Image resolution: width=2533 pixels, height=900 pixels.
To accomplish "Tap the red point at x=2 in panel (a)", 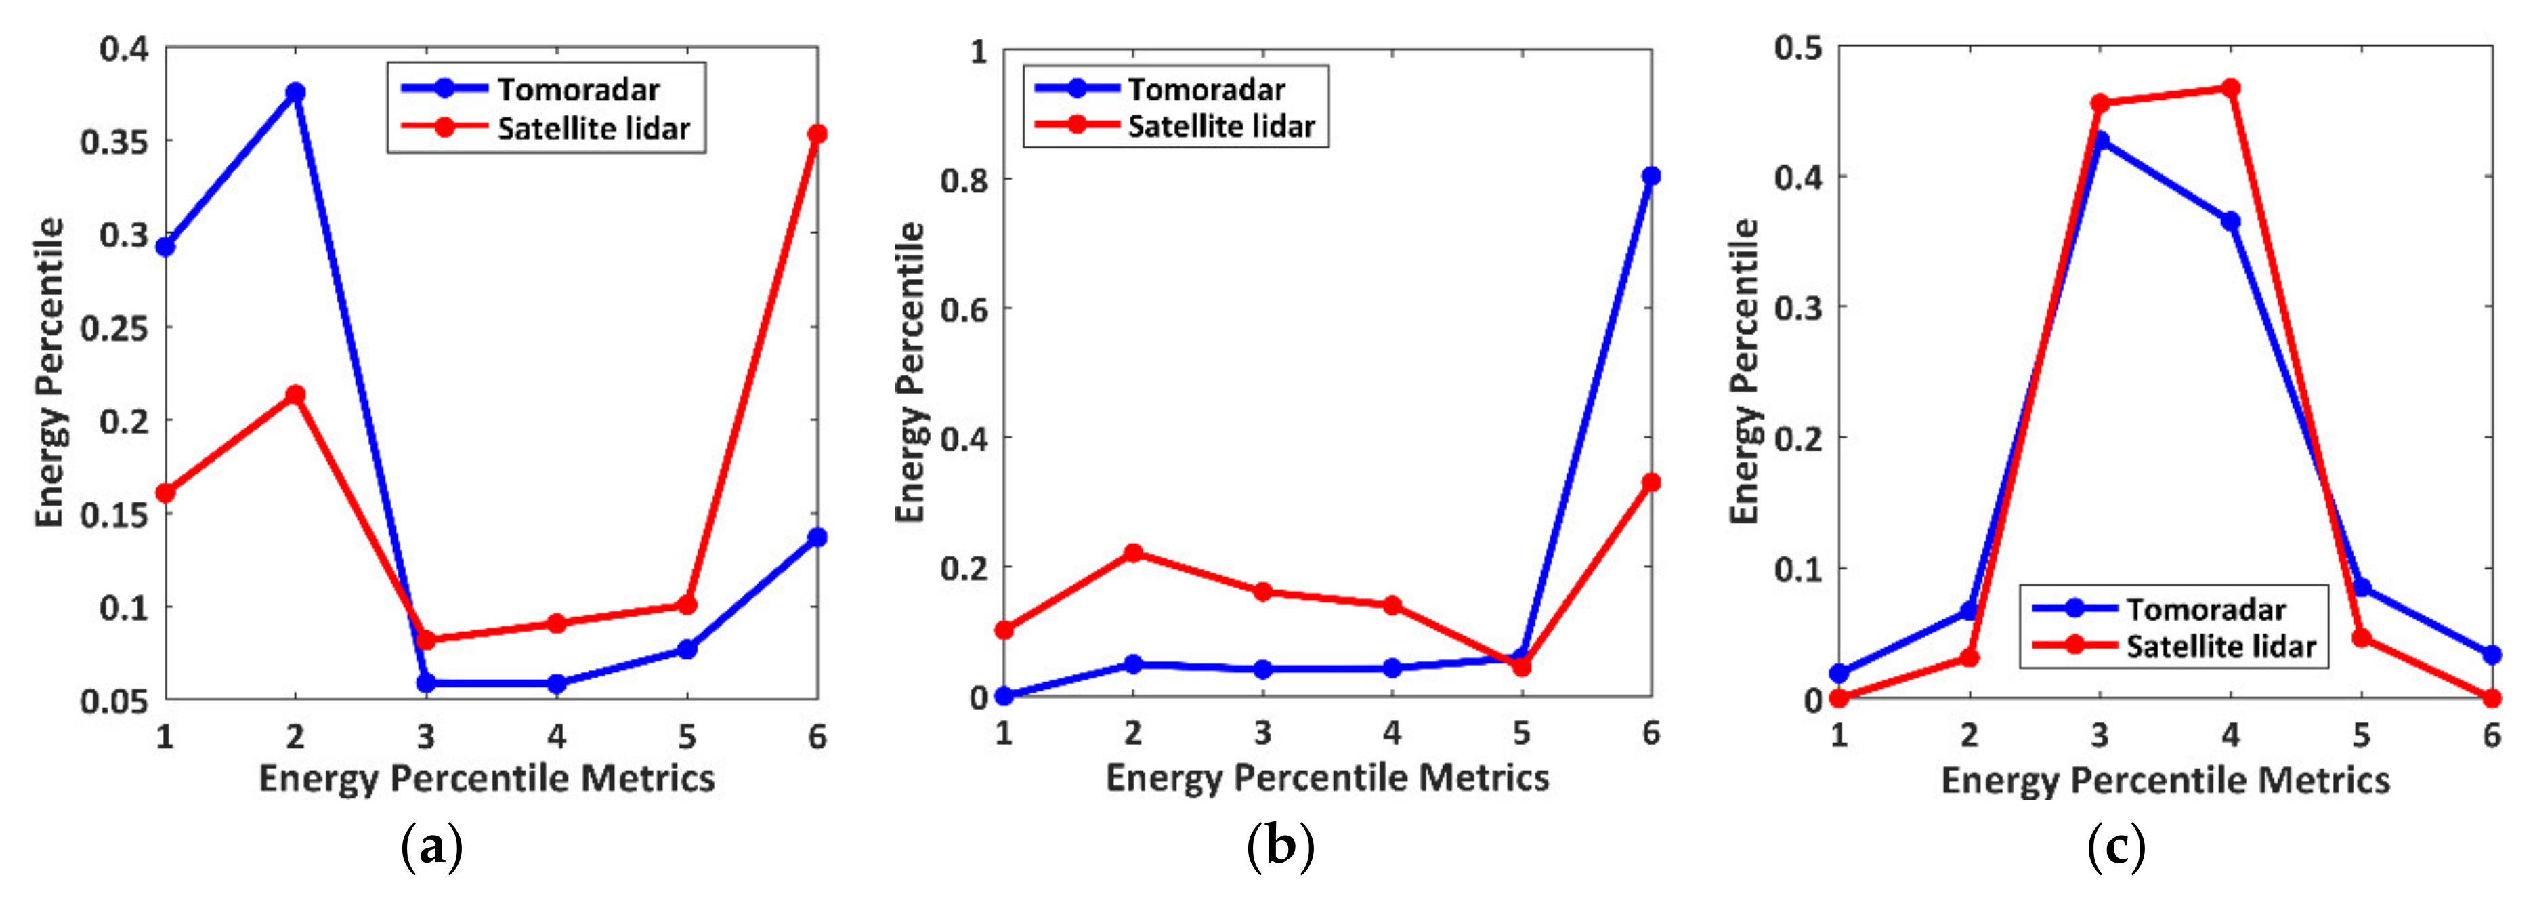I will (295, 395).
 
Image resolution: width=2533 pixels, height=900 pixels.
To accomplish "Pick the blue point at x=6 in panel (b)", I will (1651, 176).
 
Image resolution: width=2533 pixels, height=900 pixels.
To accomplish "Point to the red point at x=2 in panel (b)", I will (1133, 553).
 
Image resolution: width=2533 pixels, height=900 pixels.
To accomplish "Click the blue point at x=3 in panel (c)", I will (2100, 140).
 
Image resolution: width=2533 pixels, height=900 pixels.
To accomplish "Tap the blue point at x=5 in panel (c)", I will (2361, 587).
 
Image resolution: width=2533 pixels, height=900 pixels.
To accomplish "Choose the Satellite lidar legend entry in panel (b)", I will (1220, 127).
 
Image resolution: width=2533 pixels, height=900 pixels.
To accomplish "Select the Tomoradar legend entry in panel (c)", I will (2206, 610).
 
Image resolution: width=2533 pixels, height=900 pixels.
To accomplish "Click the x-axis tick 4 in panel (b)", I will (1391, 733).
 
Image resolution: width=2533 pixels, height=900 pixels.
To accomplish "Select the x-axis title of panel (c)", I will (2165, 780).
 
